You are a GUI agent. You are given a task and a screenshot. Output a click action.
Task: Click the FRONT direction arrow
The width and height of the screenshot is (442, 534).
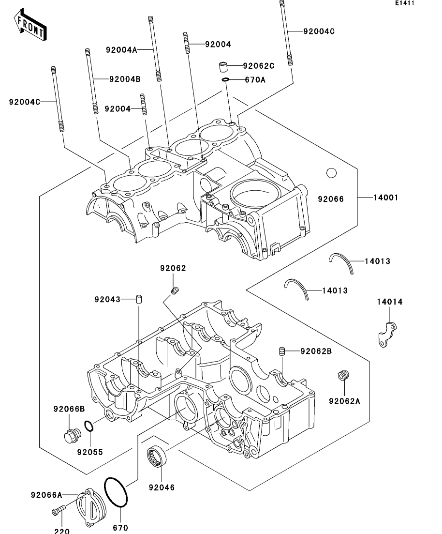click(x=30, y=25)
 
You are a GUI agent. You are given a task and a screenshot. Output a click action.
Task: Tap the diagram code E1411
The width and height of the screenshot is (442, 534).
click(x=405, y=3)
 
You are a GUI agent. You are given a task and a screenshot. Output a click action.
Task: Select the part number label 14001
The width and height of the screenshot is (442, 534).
click(x=386, y=198)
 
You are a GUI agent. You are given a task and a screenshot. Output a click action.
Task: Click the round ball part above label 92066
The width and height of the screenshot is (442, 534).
click(x=331, y=173)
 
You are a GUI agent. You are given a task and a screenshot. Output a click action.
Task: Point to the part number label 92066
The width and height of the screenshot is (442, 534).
click(x=331, y=199)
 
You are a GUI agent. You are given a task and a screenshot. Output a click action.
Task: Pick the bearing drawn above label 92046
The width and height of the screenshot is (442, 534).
click(x=157, y=456)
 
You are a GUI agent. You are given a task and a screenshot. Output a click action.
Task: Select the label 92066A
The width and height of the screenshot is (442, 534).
click(x=46, y=494)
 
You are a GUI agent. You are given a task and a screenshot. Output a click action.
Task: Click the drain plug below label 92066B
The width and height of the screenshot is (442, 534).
click(x=72, y=436)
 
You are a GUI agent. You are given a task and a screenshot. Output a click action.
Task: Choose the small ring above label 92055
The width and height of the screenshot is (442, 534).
click(x=89, y=426)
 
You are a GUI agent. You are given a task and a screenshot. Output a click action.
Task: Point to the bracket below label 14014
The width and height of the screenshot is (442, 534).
click(x=387, y=335)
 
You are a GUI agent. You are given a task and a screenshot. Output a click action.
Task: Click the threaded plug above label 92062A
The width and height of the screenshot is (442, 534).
click(x=343, y=376)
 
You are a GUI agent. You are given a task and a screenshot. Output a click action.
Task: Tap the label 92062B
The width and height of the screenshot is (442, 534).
click(x=316, y=351)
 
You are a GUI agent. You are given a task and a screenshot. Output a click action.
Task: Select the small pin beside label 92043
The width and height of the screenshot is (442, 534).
click(x=139, y=299)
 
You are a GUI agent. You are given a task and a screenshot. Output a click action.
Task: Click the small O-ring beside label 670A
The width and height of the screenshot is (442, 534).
click(x=225, y=80)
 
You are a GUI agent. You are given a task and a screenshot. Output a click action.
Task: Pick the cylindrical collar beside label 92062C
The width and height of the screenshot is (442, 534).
click(x=222, y=67)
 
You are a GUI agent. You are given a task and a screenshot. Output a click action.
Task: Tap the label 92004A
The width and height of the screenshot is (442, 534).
click(x=121, y=50)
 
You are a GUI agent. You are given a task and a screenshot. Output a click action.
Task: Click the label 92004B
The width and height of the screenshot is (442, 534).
click(x=125, y=79)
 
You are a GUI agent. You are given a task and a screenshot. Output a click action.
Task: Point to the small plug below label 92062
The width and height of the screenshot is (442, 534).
click(x=175, y=290)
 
